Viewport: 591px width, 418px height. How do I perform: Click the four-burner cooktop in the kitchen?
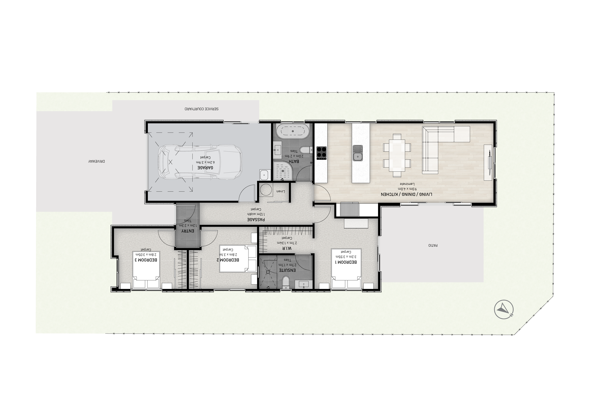pyautogui.click(x=321, y=152)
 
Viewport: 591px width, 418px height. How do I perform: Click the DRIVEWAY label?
pyautogui.click(x=97, y=162)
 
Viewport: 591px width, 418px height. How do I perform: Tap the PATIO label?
pyautogui.click(x=433, y=245)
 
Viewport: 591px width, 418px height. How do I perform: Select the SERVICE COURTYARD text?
pyautogui.click(x=201, y=109)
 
